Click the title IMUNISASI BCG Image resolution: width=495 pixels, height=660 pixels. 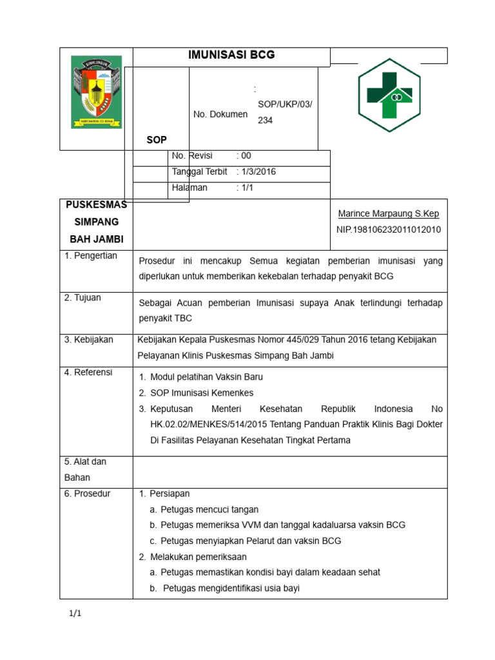point(231,55)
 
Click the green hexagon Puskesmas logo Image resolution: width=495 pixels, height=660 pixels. point(389,95)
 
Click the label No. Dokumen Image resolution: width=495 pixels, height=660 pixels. point(220,114)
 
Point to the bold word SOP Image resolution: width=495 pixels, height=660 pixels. point(157,139)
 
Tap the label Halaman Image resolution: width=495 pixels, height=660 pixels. point(189,188)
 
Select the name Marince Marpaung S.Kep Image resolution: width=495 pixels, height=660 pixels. point(389,213)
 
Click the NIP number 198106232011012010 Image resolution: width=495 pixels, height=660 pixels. point(389,229)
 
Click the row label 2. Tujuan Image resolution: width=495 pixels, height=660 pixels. point(82,298)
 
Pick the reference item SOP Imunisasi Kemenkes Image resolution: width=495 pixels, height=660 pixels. point(202,393)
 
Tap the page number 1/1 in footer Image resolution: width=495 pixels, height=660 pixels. point(75,614)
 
